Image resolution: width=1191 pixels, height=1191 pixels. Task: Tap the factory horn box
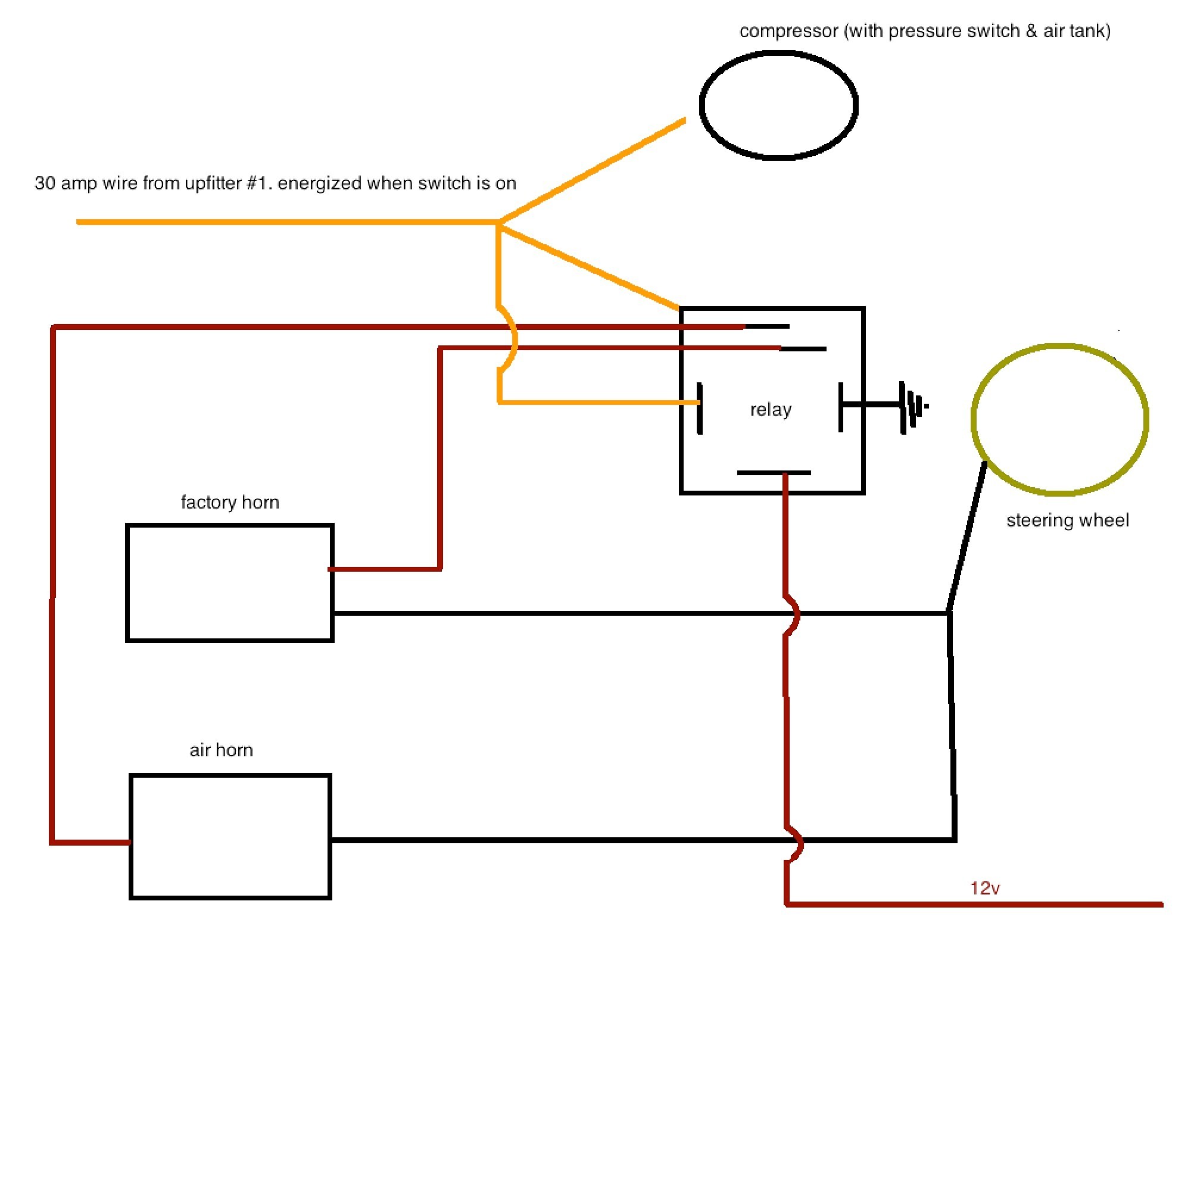tap(127, 583)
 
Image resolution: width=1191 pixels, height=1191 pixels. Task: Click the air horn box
tap(130, 837)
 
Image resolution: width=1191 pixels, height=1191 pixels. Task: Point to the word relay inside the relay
tap(771, 410)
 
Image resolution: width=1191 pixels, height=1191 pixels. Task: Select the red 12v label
tap(984, 888)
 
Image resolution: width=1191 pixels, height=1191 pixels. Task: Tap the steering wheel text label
tap(1068, 521)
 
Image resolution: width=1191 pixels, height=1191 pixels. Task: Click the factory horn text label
tap(230, 503)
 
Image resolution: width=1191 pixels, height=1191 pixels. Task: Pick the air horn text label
tap(222, 750)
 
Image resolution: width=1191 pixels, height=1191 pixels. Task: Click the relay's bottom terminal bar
tap(774, 473)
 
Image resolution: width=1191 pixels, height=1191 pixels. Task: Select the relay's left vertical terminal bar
tap(700, 408)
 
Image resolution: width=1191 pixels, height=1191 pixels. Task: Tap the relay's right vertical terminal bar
tap(841, 407)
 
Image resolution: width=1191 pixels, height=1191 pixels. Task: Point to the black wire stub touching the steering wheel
tap(966, 537)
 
